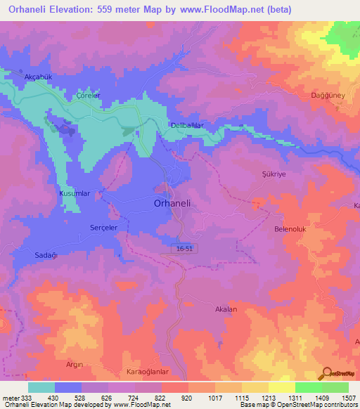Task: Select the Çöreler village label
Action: pos(89,96)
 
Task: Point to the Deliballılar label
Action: pos(188,125)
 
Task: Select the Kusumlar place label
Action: pos(76,193)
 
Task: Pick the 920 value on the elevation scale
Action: pos(187,398)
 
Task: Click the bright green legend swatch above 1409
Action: pos(308,387)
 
